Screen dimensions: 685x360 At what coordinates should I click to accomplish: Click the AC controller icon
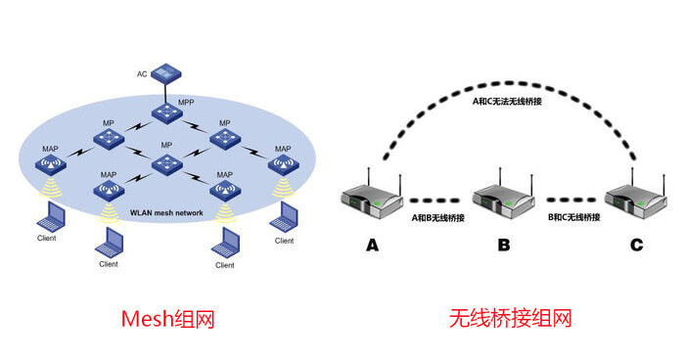(166, 74)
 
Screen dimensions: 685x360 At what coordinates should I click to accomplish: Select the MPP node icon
(167, 113)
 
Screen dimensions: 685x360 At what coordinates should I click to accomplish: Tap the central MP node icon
(166, 164)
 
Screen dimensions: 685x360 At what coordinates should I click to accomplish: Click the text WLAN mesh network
(166, 213)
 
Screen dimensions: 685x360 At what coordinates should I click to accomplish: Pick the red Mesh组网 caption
(168, 319)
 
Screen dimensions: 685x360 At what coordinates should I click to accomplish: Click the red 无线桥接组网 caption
(510, 318)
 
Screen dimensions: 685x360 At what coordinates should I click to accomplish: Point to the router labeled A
(372, 196)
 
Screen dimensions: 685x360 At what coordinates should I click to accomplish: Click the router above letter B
(504, 196)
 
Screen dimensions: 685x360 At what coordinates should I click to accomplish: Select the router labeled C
(636, 196)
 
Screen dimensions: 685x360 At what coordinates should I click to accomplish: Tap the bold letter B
(504, 245)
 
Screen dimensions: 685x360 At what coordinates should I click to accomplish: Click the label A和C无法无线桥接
(507, 102)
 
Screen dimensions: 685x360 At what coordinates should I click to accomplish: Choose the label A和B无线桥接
(437, 217)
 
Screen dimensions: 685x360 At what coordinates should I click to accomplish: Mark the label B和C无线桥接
(574, 217)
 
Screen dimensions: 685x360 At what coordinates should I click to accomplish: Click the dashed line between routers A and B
(434, 201)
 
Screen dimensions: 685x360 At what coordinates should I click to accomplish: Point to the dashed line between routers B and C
(571, 201)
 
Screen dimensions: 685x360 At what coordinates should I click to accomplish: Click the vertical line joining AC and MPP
(166, 94)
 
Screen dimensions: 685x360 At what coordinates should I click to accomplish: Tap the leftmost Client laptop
(51, 216)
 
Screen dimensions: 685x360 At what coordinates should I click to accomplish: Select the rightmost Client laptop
(284, 217)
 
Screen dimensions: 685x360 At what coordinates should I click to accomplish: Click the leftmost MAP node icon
(51, 165)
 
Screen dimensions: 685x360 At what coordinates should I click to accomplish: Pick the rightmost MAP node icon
(284, 165)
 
